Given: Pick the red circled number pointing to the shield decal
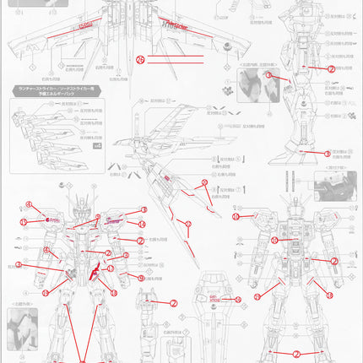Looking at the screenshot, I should (237, 299).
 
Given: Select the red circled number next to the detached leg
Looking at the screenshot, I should (173, 303).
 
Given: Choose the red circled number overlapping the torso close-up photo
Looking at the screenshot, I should (269, 74).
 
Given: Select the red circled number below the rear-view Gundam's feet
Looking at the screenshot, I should (296, 354).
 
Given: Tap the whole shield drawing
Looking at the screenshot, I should (216, 312).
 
